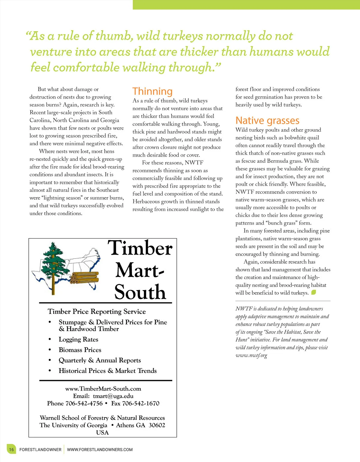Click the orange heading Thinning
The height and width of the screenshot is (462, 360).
coord(152,91)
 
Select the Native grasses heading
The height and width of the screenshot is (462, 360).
coord(267,120)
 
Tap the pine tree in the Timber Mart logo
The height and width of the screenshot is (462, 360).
coord(53,264)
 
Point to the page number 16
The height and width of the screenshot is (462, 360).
coord(11,449)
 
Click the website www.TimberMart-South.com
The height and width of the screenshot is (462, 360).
coord(103,388)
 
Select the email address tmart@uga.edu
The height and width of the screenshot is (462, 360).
coord(113,396)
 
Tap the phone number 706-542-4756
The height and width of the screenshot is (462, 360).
coord(84,403)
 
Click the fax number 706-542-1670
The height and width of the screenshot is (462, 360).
coord(141,403)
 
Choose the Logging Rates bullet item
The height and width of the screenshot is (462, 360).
coord(78,339)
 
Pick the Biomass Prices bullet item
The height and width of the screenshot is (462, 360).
coord(80,350)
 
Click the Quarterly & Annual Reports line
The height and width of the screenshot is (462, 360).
coord(100,360)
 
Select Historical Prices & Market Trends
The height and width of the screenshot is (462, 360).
coord(107,371)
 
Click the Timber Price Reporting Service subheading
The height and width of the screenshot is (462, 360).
coord(97,311)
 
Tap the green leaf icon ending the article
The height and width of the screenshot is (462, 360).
coord(313,292)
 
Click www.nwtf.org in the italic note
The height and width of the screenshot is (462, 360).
coord(251,355)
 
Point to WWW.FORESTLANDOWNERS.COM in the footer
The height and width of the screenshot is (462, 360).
coord(100,449)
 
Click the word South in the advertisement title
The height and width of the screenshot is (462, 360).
coord(140,292)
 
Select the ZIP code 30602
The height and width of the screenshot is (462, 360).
coord(157,425)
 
